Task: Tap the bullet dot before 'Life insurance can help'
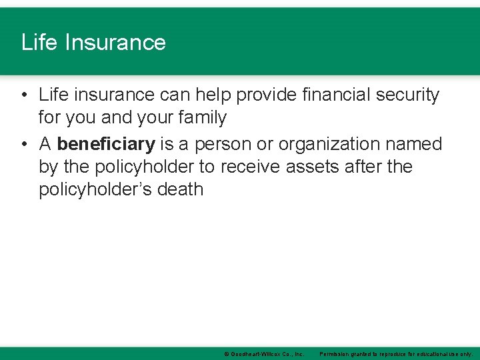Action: pyautogui.click(x=24, y=95)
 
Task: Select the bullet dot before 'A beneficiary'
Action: pyautogui.click(x=24, y=144)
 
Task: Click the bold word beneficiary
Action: pyautogui.click(x=106, y=144)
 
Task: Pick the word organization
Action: pyautogui.click(x=332, y=144)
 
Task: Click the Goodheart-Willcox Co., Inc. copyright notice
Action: pyautogui.click(x=264, y=354)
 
